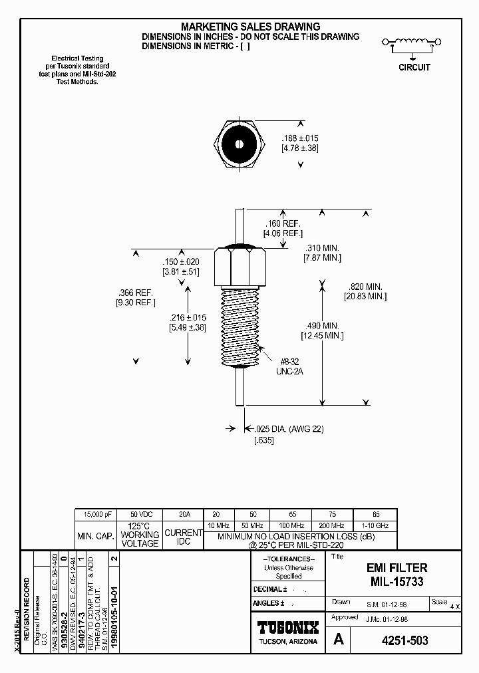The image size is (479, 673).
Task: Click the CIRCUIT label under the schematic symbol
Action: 414,67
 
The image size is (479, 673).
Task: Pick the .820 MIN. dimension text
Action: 366,287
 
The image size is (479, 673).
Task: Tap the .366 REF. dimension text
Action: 136,293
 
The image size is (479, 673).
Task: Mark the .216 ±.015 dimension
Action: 188,318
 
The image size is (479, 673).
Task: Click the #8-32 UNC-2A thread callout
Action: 289,366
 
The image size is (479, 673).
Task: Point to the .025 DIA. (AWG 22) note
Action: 285,429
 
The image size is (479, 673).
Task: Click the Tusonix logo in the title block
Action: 287,627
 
